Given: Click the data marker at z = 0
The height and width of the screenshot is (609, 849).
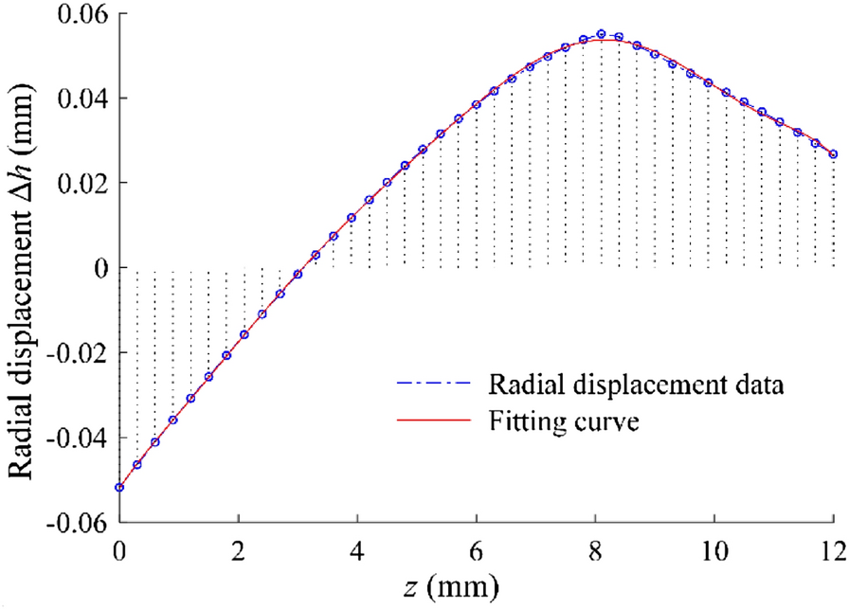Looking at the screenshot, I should (x=119, y=488).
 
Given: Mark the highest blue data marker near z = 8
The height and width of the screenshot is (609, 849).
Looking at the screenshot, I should (x=601, y=34).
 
